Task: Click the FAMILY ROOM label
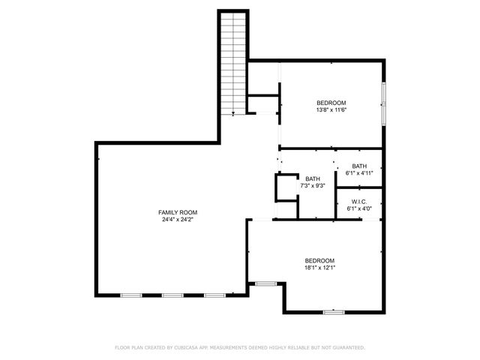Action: (x=177, y=212)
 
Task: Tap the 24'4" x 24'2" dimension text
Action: (x=177, y=220)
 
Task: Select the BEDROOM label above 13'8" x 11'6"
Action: (x=331, y=103)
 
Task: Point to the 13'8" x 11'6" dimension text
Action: (x=331, y=110)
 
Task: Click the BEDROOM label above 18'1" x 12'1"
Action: (x=319, y=260)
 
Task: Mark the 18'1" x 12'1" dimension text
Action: (x=319, y=268)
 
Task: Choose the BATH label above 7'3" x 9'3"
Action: (x=312, y=178)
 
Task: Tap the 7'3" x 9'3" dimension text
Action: (x=312, y=185)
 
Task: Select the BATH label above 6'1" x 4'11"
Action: (x=359, y=166)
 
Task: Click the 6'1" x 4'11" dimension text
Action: (x=359, y=173)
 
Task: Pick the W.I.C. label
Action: (x=359, y=201)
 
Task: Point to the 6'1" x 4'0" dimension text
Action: (x=359, y=208)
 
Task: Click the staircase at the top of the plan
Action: (x=233, y=64)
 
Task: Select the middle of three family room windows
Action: (x=172, y=295)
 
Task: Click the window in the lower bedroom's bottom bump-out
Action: (x=333, y=311)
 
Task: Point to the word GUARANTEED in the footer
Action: (x=346, y=348)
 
